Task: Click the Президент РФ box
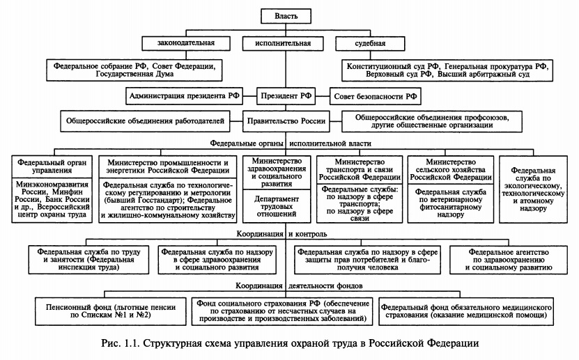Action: pyautogui.click(x=286, y=95)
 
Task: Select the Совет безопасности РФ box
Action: pyautogui.click(x=375, y=95)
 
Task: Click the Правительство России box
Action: pyautogui.click(x=286, y=120)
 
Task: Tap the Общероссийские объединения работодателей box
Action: pyautogui.click(x=145, y=120)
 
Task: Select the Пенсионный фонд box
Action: pyautogui.click(x=104, y=311)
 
